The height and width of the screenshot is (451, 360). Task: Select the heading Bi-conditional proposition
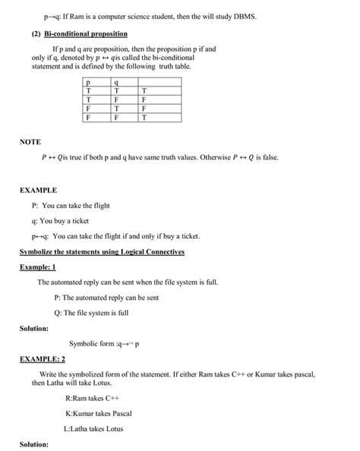coord(86,34)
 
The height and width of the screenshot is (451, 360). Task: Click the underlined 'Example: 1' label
coord(38,266)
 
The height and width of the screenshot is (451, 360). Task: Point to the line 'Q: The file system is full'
coord(91,312)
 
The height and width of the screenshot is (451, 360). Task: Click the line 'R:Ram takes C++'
coord(93,398)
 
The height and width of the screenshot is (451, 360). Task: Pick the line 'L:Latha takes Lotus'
coord(93,428)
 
